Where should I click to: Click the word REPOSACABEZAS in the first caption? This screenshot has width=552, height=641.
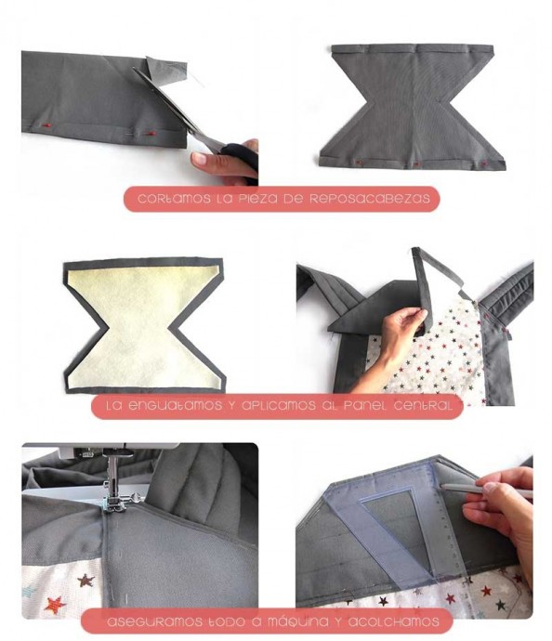[369, 199]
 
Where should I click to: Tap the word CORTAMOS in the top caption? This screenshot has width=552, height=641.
[174, 199]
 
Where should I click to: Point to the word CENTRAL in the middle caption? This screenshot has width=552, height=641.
[423, 406]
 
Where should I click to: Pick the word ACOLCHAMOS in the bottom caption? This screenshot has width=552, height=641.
[394, 622]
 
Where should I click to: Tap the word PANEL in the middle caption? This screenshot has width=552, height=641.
[365, 406]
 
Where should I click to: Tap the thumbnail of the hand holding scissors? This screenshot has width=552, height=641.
[225, 159]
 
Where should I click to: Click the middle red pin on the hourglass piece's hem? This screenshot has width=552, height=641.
[416, 164]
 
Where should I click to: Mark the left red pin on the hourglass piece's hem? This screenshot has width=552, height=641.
[359, 163]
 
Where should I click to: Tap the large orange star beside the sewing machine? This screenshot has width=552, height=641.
[55, 604]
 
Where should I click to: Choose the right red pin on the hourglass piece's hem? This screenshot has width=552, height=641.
[484, 164]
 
